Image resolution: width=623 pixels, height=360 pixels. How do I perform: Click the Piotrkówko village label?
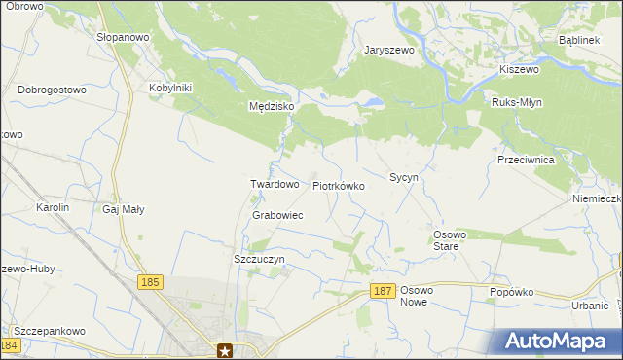point(338,185)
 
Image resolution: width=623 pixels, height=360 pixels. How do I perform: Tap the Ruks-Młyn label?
point(517,102)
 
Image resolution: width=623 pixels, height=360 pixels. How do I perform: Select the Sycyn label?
point(403,178)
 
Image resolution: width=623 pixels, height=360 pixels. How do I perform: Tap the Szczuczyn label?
point(259,260)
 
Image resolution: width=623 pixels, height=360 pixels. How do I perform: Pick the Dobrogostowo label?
point(53,90)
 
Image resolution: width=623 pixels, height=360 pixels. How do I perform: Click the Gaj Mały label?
point(124,208)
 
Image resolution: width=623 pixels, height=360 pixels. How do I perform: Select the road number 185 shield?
point(149,282)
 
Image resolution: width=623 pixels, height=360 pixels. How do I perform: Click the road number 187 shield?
point(383,291)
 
